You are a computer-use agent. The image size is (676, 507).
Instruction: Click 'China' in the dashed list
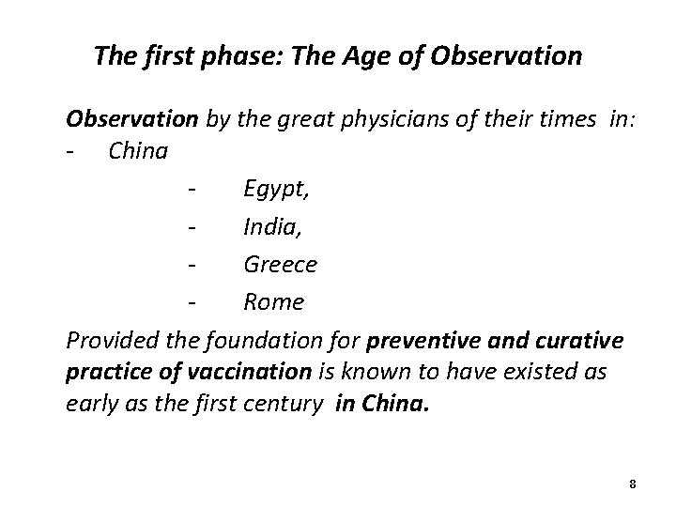(x=138, y=150)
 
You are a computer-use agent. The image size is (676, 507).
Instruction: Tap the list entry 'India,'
(x=272, y=226)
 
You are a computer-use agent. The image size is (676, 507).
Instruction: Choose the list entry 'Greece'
(x=280, y=264)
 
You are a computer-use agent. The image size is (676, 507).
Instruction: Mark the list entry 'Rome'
(x=273, y=301)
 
